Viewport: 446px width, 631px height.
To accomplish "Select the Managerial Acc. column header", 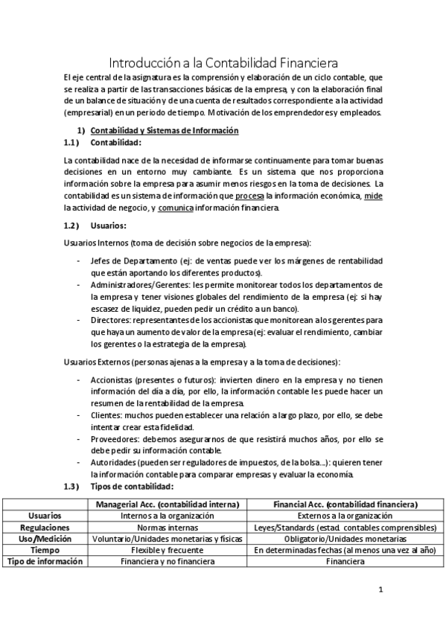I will pyautogui.click(x=168, y=504).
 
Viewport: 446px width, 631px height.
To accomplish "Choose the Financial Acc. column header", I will pyautogui.click(x=344, y=504).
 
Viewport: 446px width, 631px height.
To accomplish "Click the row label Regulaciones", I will pyautogui.click(x=45, y=526).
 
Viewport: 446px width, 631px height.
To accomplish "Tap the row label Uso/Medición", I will pyautogui.click(x=45, y=538).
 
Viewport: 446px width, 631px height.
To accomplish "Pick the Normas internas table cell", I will pyautogui.click(x=168, y=526).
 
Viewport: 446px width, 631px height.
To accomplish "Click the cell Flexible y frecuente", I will pyautogui.click(x=168, y=550).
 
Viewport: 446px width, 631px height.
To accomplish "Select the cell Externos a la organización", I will pyautogui.click(x=344, y=515).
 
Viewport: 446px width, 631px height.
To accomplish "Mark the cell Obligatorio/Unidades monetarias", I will pyautogui.click(x=344, y=538).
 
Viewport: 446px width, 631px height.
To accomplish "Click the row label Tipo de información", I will pyautogui.click(x=45, y=562).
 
